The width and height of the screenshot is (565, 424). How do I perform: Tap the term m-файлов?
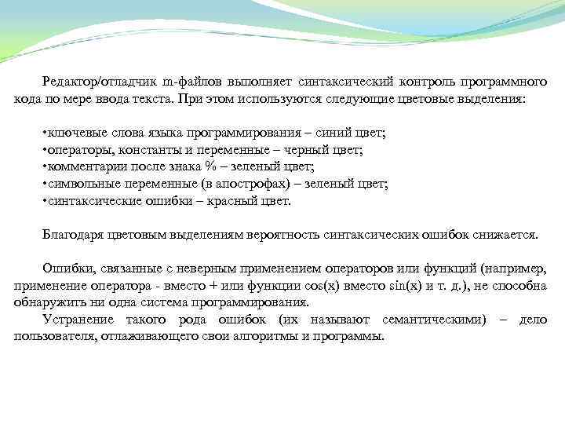[191, 82]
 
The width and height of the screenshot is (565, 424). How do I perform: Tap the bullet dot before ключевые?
[44, 133]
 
